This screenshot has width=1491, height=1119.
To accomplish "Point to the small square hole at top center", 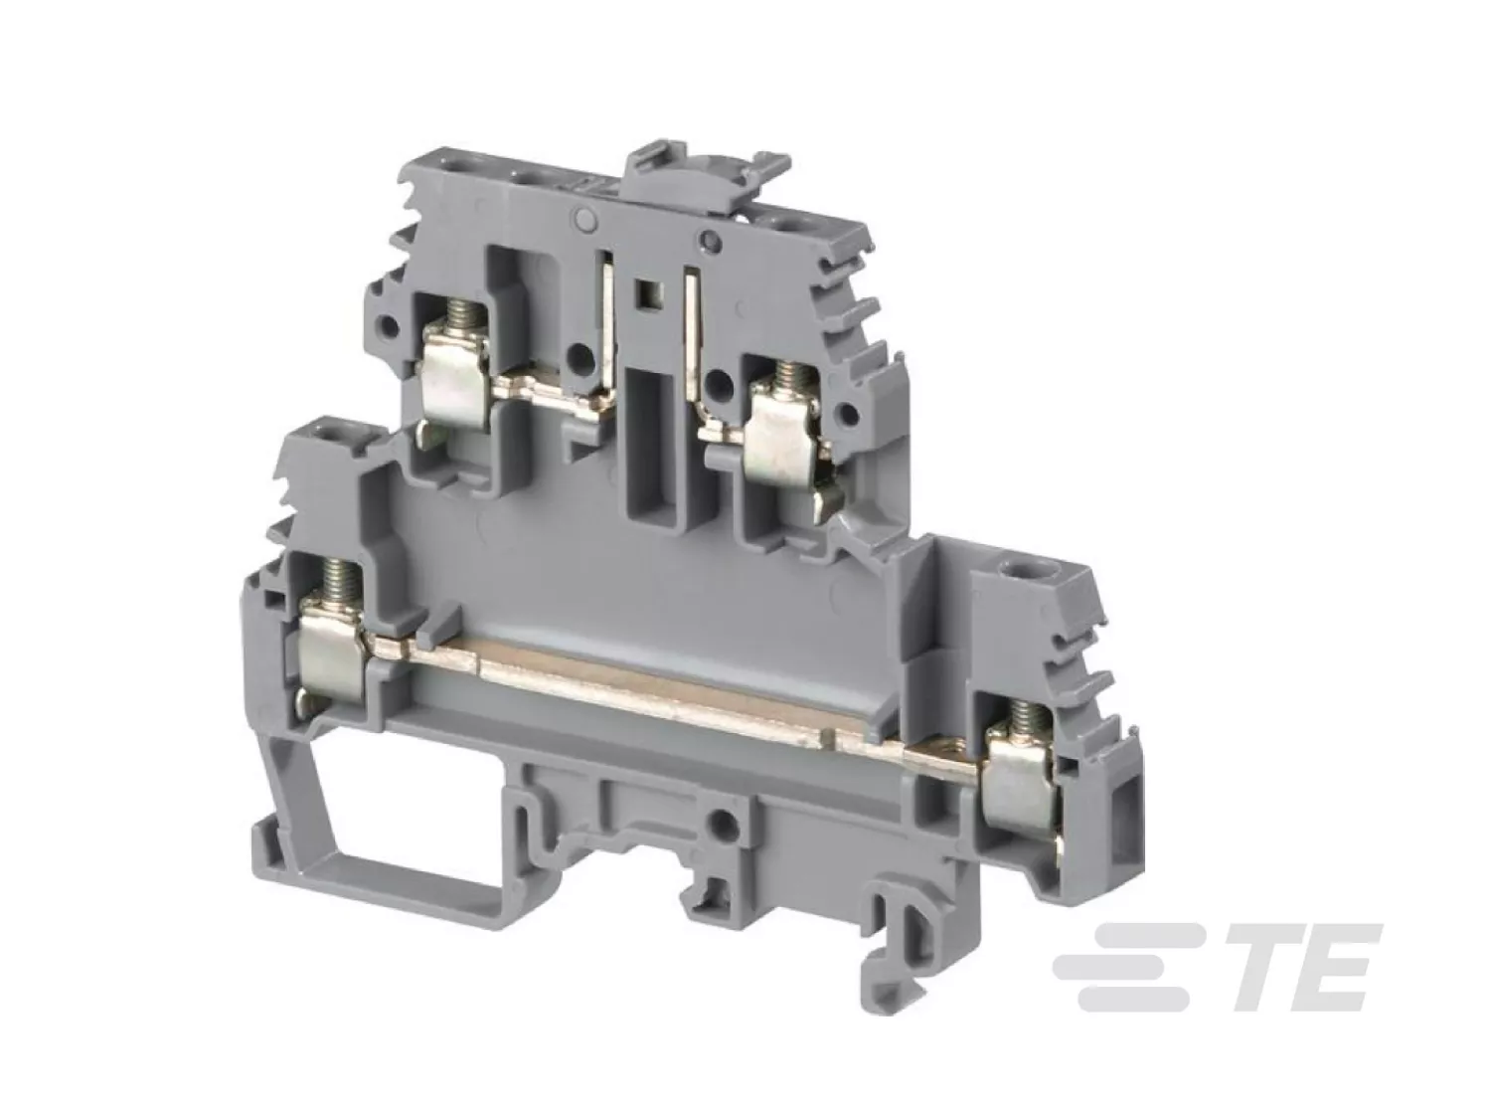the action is tap(645, 294).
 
